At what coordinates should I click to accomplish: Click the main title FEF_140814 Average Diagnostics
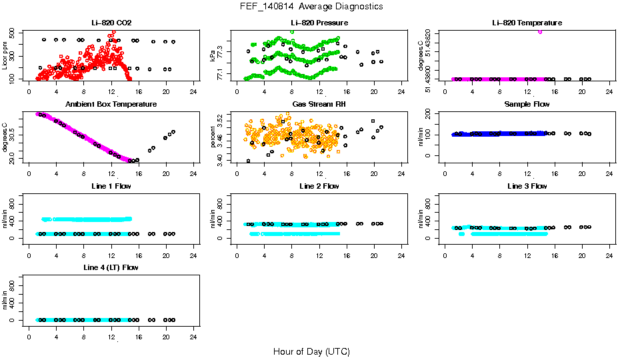click(311, 6)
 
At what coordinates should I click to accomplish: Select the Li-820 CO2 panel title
click(111, 23)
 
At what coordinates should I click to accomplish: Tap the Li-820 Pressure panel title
click(319, 23)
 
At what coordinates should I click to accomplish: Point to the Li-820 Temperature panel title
click(527, 23)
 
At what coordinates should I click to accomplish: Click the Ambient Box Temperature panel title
click(111, 105)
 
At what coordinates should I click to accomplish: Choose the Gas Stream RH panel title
click(319, 105)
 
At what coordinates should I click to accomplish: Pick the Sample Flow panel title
click(527, 105)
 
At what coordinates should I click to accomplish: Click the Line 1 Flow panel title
click(111, 186)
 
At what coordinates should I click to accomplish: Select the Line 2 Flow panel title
click(319, 186)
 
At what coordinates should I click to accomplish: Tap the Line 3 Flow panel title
click(527, 186)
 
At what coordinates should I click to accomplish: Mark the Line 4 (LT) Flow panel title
click(111, 267)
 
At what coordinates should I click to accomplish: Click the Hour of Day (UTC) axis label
click(311, 351)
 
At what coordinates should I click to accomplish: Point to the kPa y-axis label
click(213, 55)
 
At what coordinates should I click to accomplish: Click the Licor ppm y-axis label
click(5, 55)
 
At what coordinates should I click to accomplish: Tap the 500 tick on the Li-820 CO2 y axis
click(13, 32)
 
